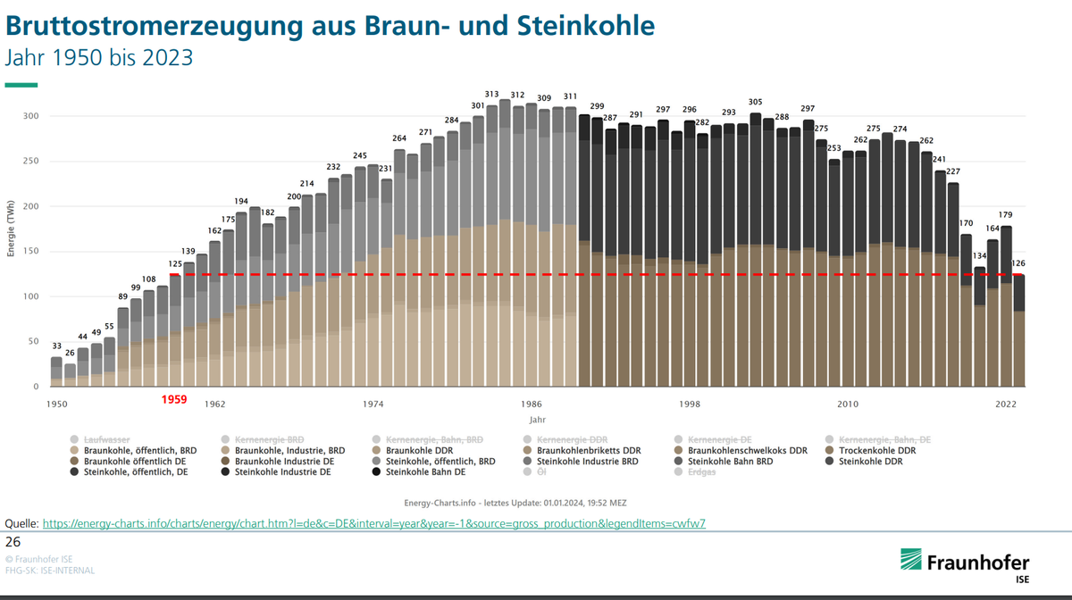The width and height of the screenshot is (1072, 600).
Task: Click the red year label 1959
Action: [x=174, y=401]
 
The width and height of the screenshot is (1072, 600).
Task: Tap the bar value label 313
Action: [x=491, y=94]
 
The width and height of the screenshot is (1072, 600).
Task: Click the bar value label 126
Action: [x=1018, y=262]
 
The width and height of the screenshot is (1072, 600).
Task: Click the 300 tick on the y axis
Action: [x=31, y=116]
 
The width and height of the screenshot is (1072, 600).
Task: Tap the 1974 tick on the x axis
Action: [x=373, y=404]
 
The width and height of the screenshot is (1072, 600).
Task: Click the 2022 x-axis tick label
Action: [x=1006, y=404]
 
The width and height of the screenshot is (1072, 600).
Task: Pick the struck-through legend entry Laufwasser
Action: [x=106, y=440]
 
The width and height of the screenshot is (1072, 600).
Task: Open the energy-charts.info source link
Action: [x=374, y=524]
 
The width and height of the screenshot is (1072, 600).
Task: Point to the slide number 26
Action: [x=13, y=542]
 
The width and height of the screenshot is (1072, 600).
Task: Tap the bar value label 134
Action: [x=980, y=256]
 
